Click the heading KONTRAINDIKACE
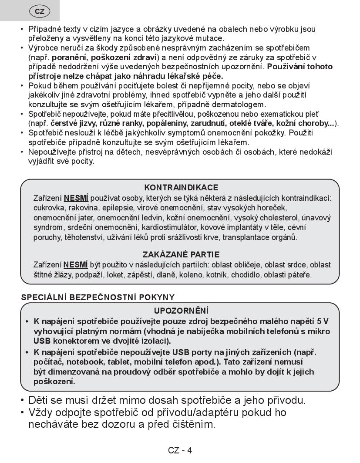click(181, 188)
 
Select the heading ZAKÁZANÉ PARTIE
click(181, 254)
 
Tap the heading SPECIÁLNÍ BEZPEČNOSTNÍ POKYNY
click(98, 297)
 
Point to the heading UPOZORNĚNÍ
click(181, 311)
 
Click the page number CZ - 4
click(180, 450)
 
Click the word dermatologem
click(241, 105)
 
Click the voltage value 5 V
click(323, 321)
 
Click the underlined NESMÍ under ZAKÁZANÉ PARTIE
click(76, 264)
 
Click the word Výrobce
click(43, 47)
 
